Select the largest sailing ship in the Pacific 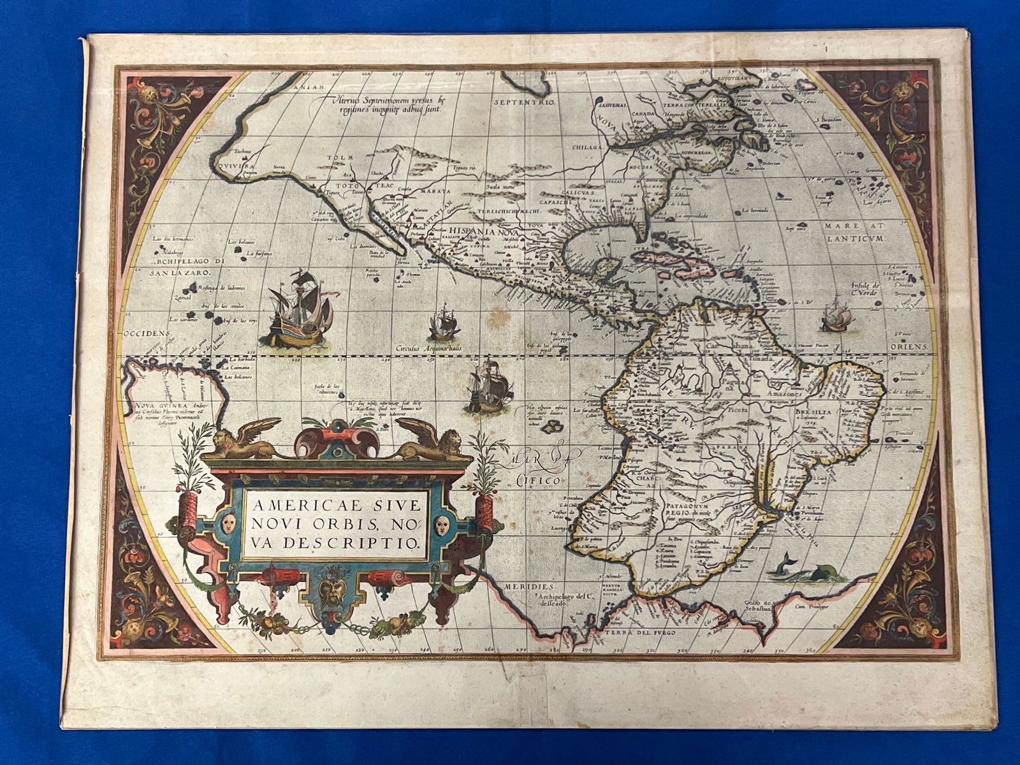click(300, 308)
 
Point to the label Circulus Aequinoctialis click(426, 349)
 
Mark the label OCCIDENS click(146, 333)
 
